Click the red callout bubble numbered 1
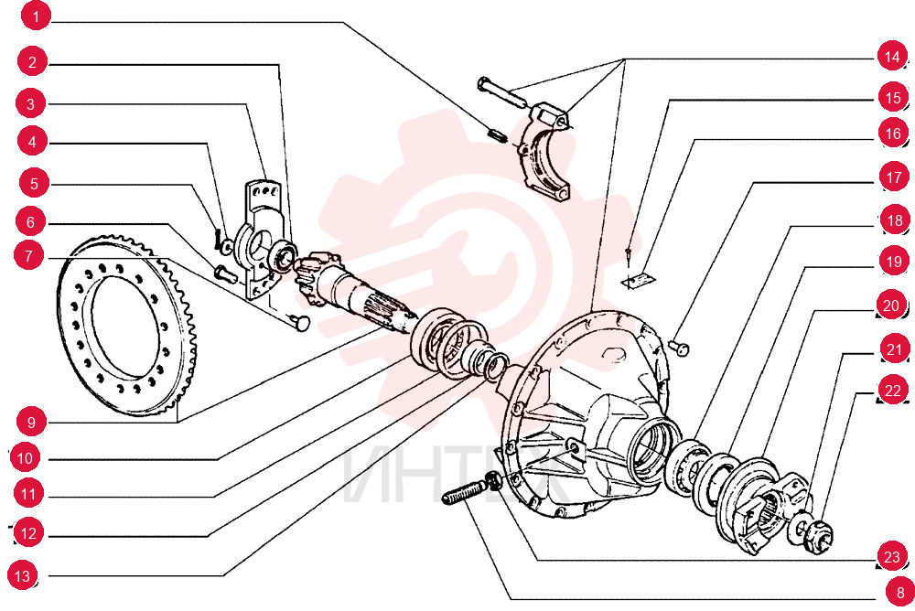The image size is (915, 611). point(36,16)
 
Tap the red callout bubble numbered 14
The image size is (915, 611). point(891,57)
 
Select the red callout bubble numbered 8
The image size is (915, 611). point(899,593)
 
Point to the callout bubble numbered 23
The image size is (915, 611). point(891,556)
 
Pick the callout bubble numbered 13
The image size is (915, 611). point(22,576)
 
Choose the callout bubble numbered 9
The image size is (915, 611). point(31,422)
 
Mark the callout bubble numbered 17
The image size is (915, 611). point(894,177)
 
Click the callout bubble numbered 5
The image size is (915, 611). point(34,184)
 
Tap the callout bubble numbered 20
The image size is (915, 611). point(891,305)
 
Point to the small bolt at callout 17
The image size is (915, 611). point(679,348)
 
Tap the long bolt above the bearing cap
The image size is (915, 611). point(502,91)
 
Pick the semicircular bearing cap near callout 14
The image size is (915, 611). point(544,150)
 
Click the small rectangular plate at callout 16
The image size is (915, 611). point(639,280)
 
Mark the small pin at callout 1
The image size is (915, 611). point(497,134)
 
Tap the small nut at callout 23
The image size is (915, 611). point(493,479)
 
